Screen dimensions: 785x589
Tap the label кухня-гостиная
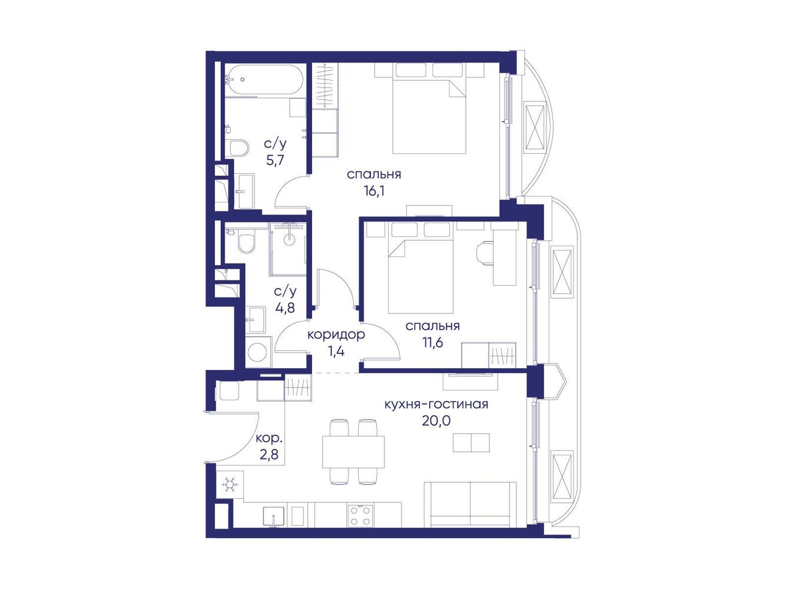point(436,405)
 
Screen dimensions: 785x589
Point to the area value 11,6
point(432,343)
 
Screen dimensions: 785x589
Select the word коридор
point(336,335)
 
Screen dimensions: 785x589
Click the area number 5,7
point(275,160)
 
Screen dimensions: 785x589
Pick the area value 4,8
point(286,307)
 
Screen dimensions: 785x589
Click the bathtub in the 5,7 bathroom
point(264,81)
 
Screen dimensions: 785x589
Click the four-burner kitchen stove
point(360,514)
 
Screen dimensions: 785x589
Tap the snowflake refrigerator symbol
point(229,485)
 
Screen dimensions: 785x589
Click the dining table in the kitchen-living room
point(353,452)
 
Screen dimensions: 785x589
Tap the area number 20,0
point(436,421)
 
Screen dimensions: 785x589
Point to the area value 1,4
point(336,351)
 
